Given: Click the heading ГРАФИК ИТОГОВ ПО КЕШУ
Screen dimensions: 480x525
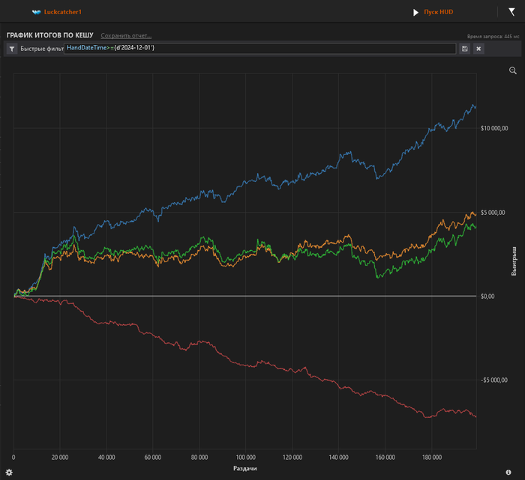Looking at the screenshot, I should (x=49, y=35).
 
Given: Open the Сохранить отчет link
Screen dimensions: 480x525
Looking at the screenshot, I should (x=126, y=35).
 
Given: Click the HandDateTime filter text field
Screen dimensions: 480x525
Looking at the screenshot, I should (x=259, y=49).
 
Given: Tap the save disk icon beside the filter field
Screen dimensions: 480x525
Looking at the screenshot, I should (x=465, y=49).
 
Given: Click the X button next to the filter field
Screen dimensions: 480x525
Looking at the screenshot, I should (x=478, y=49).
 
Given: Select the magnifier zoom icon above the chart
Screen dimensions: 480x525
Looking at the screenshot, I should (x=513, y=70).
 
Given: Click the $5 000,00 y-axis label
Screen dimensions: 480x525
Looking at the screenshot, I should (x=496, y=213).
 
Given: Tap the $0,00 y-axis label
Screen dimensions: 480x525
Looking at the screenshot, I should (x=487, y=297).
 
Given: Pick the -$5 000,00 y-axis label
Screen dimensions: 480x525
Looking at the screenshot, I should (x=495, y=380).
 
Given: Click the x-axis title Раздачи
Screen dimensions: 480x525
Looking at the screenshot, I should (x=245, y=468).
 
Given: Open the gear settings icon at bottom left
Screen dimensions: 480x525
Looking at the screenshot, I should (x=9, y=472).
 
